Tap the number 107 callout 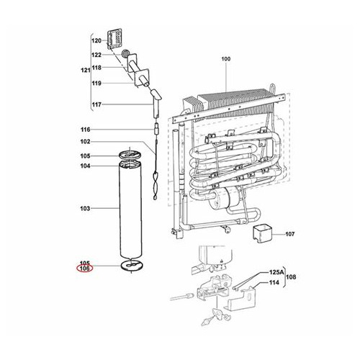pyautogui.click(x=290, y=234)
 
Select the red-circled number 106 pyautogui.click(x=84, y=269)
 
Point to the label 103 pyautogui.click(x=84, y=208)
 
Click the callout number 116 pyautogui.click(x=84, y=129)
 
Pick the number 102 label pyautogui.click(x=84, y=142)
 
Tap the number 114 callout pyautogui.click(x=274, y=282)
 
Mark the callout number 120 pyautogui.click(x=96, y=42)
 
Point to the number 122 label pyautogui.click(x=96, y=55)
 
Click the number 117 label pyautogui.click(x=96, y=105)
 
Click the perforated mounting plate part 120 pyautogui.click(x=114, y=40)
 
